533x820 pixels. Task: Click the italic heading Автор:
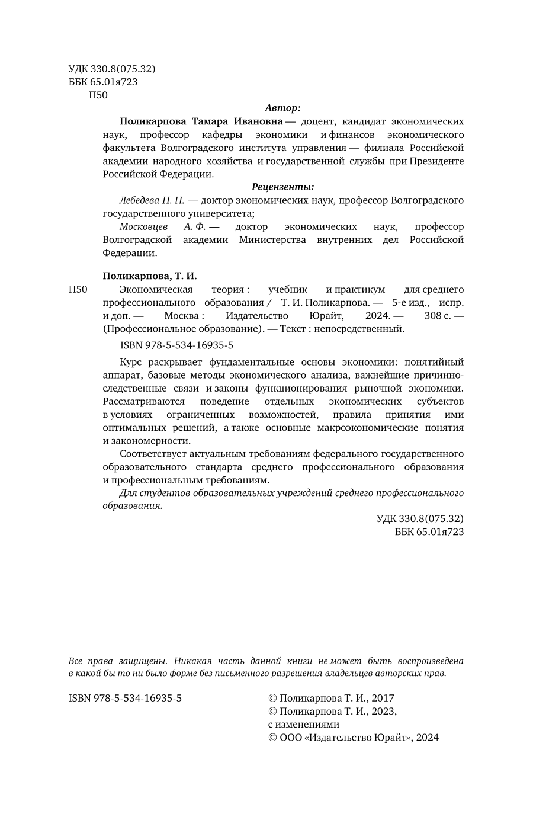(x=283, y=108)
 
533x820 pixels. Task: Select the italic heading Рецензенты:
(x=283, y=187)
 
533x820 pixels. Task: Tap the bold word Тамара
(x=211, y=121)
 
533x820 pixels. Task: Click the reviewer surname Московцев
(x=144, y=226)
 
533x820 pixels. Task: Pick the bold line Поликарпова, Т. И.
(x=150, y=276)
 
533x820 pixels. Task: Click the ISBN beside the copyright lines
(x=126, y=698)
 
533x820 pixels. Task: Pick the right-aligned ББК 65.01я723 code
(x=429, y=531)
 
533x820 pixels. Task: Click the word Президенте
(x=436, y=161)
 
